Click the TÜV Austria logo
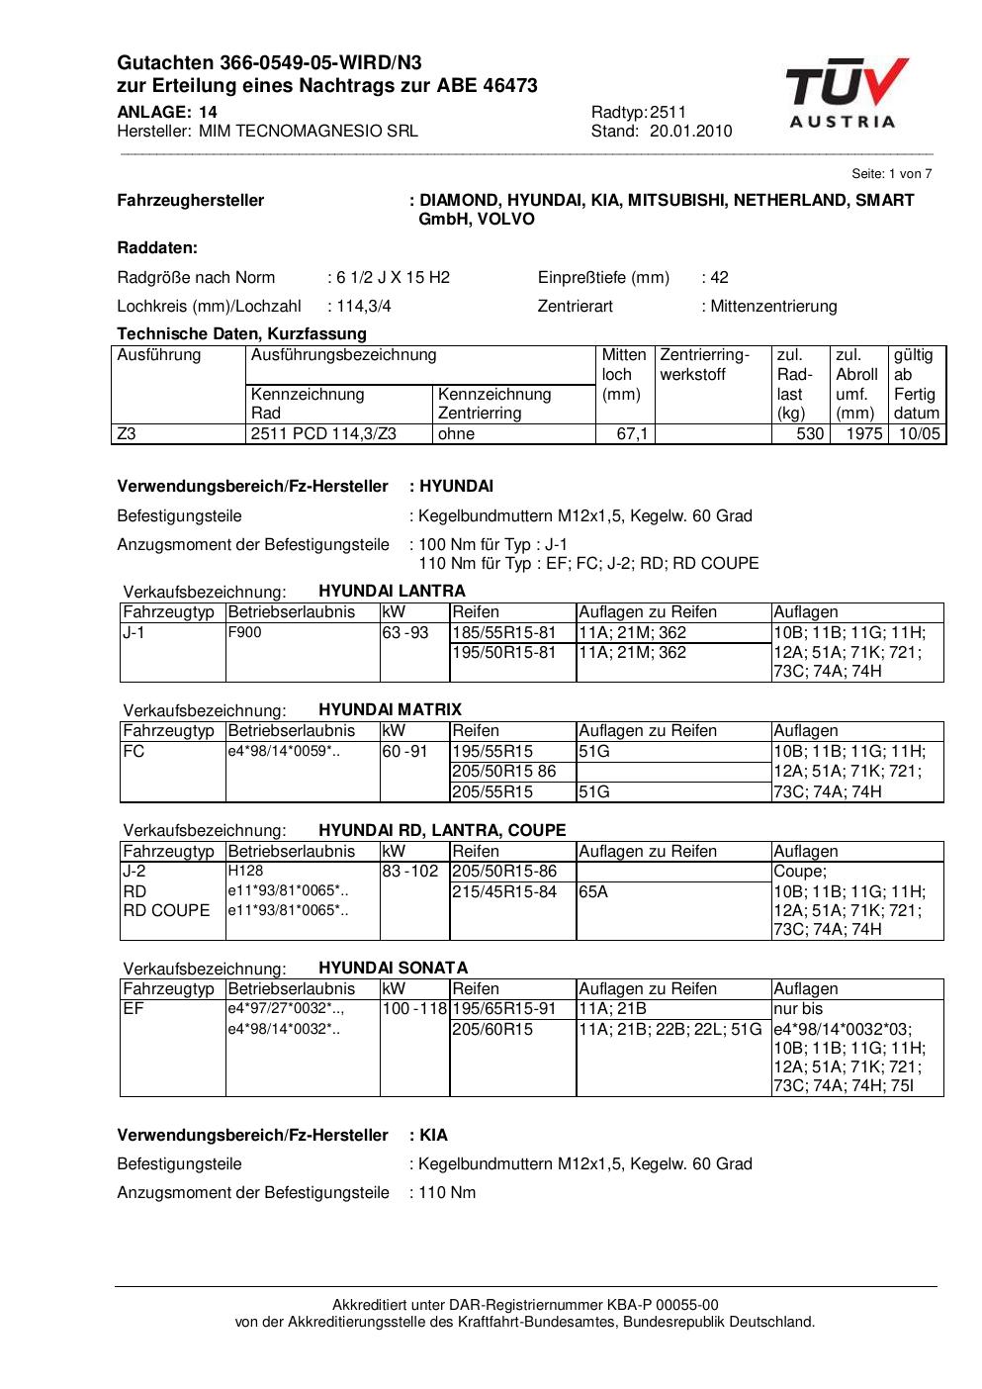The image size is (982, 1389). (846, 94)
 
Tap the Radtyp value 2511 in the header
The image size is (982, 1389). (668, 112)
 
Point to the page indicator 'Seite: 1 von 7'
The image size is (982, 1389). (891, 174)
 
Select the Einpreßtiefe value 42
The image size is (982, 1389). (719, 277)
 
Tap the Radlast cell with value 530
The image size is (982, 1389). (809, 434)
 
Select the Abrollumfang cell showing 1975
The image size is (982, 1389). (863, 434)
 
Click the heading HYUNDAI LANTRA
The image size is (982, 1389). (392, 592)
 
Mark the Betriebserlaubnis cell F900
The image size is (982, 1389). (245, 632)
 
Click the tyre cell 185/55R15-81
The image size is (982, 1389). (504, 632)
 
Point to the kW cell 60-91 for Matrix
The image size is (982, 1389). (404, 751)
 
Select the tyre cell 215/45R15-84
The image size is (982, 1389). (504, 891)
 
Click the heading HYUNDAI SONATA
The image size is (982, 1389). (393, 968)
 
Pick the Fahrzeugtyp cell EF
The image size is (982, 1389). (134, 1009)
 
